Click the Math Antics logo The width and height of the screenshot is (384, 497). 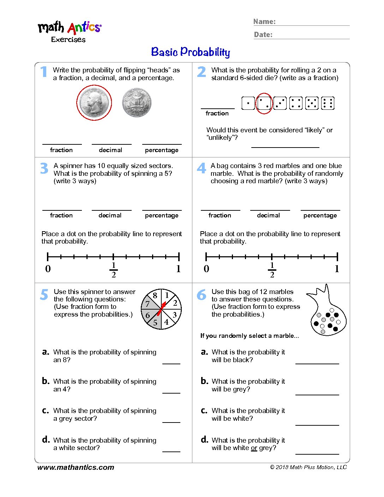[70, 28]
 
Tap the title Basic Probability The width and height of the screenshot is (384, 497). [191, 52]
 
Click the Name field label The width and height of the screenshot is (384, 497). [264, 22]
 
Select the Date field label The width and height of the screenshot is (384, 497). [263, 35]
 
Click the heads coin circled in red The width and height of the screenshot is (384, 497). [94, 103]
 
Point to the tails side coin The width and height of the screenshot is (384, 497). [137, 103]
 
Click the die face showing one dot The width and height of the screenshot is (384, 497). [248, 103]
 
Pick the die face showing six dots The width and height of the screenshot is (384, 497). [328, 103]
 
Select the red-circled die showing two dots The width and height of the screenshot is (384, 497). [264, 103]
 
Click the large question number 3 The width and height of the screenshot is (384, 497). [44, 168]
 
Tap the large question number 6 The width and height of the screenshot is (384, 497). [202, 295]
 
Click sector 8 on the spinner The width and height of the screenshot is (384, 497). [155, 296]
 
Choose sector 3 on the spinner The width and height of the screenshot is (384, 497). [174, 315]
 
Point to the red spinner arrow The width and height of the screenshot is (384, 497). [162, 308]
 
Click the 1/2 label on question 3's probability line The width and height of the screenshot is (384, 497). [113, 270]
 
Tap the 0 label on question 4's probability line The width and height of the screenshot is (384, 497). [206, 269]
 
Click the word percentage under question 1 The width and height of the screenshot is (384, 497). [162, 150]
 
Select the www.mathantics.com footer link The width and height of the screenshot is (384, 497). [76, 467]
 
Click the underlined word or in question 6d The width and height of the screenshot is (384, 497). [254, 448]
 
